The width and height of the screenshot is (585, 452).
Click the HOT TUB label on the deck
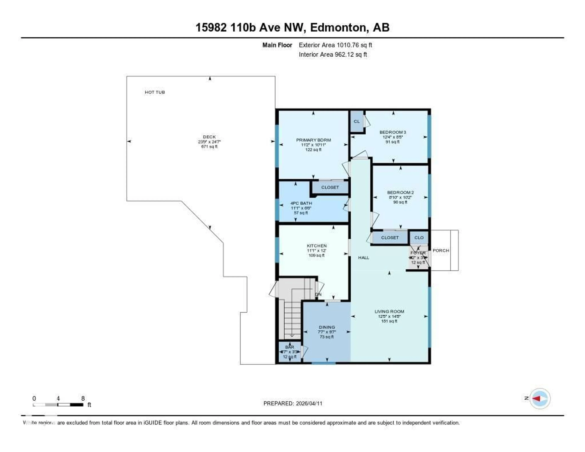click(155, 92)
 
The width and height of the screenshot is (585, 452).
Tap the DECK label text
click(209, 137)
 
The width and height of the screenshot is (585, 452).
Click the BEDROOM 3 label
click(393, 132)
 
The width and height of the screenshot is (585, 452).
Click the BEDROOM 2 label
click(400, 192)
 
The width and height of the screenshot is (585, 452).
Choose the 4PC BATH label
click(301, 203)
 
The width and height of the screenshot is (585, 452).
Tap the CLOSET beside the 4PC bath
click(330, 187)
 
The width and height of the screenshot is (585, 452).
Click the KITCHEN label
click(317, 246)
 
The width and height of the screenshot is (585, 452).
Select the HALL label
click(363, 258)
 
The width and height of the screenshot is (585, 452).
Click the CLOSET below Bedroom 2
click(390, 238)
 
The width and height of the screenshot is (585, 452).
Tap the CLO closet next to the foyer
click(419, 238)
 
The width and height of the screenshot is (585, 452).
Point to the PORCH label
click(441, 251)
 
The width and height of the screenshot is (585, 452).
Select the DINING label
click(327, 327)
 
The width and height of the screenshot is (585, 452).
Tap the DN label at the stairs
click(318, 294)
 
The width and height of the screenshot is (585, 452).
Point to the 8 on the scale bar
click(83, 398)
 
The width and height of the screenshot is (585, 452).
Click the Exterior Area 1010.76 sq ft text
click(335, 45)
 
